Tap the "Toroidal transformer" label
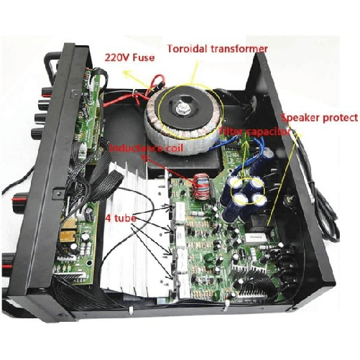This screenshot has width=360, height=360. tap(217, 49)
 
